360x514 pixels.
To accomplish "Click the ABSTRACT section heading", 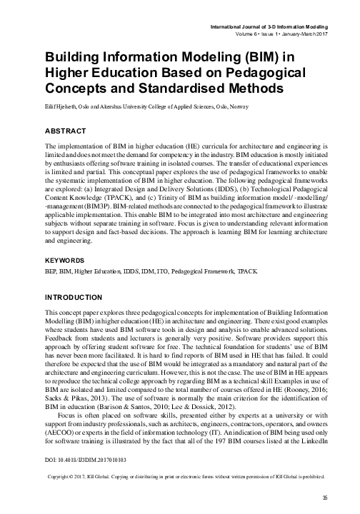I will (66, 131).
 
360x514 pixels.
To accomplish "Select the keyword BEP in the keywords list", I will (51, 254).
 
